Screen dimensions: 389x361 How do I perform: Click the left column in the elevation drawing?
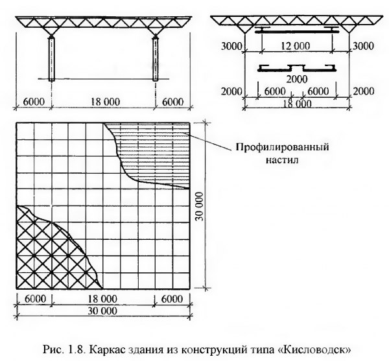point(52,59)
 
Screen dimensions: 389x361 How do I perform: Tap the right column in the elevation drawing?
point(156,59)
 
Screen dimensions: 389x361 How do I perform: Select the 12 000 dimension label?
point(297,46)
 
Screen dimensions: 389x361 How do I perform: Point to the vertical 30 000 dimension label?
point(200,206)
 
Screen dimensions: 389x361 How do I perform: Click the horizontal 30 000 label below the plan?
point(102,310)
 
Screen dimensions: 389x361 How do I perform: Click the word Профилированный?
point(282,147)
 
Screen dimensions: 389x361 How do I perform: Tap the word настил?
point(282,160)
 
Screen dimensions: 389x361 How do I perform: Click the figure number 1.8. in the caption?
point(77,350)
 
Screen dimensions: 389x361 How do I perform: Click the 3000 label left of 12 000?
point(231,47)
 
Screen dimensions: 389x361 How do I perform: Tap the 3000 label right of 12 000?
point(363,47)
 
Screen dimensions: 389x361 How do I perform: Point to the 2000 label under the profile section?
point(297,79)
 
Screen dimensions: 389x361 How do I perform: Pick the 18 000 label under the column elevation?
point(105,102)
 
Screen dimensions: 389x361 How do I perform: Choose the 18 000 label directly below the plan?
point(102,299)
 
